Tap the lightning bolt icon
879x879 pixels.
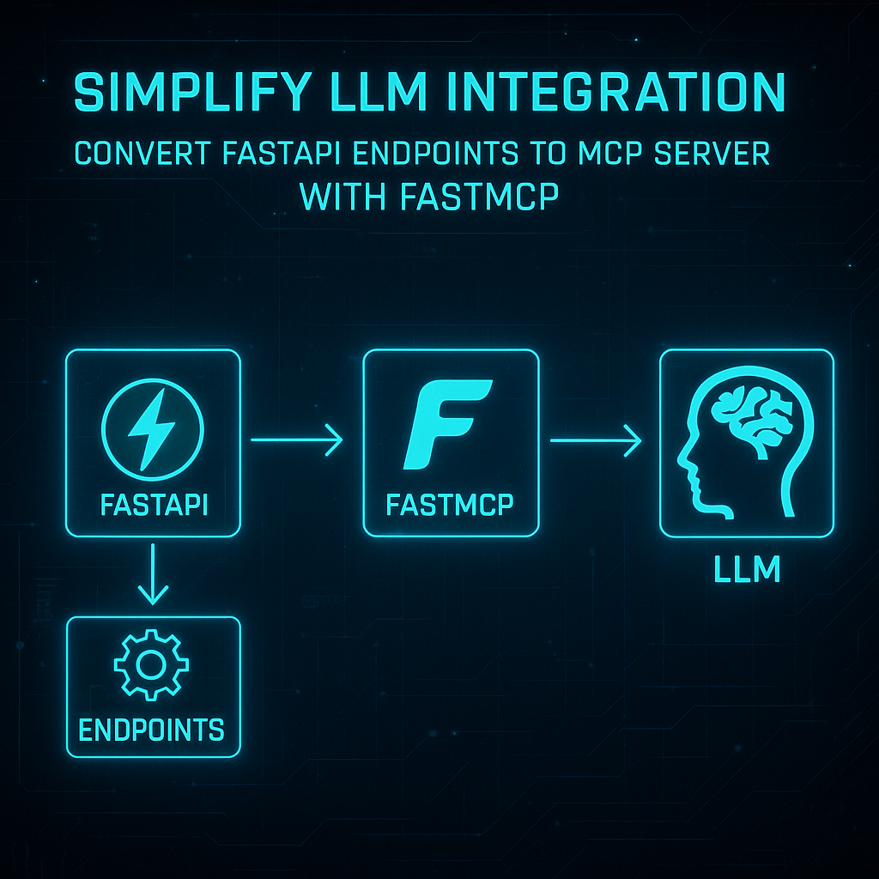[x=153, y=427]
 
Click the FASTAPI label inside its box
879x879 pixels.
[x=153, y=503]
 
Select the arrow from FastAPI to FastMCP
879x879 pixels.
[x=297, y=441]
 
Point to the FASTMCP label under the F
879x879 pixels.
[x=451, y=504]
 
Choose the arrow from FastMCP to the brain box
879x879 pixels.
[x=597, y=441]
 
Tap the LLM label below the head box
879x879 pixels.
[x=747, y=570]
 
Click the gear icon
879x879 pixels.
[x=151, y=666]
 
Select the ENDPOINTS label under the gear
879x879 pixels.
[x=152, y=730]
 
